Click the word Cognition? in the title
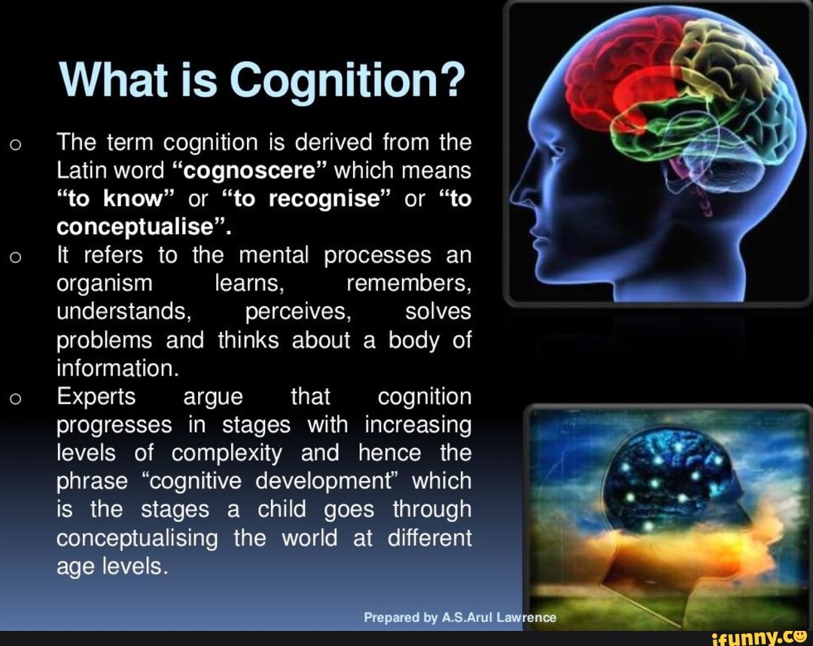[x=345, y=81]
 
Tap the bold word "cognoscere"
[x=249, y=171]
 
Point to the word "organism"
[x=104, y=284]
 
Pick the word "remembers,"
[x=409, y=284]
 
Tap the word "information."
[x=117, y=368]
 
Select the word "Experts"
[x=96, y=397]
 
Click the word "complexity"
[x=227, y=454]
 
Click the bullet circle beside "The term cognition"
[x=16, y=145]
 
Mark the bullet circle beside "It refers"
[x=16, y=257]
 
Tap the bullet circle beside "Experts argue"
[x=16, y=399]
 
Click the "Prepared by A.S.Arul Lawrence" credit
[x=460, y=617]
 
